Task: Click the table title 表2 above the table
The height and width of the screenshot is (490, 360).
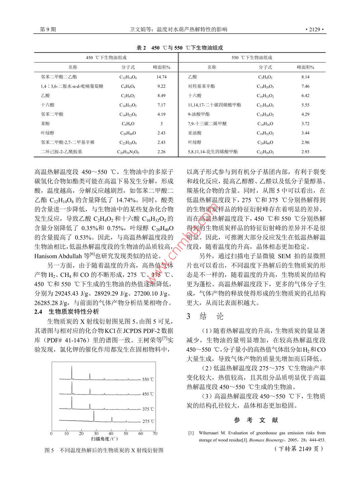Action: tap(141, 48)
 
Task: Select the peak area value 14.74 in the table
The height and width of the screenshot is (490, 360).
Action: tap(162, 77)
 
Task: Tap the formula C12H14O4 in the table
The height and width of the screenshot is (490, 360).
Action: tap(128, 77)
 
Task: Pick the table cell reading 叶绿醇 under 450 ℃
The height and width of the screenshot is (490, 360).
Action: tap(47, 133)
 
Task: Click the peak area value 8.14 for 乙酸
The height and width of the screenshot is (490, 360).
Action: tap(305, 77)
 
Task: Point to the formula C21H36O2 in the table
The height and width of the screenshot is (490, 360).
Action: tap(265, 105)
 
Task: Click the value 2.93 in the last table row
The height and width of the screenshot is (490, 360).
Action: tap(305, 152)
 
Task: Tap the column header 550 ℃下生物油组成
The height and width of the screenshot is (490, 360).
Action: tap(252, 58)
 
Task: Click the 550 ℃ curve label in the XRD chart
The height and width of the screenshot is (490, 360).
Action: tap(148, 379)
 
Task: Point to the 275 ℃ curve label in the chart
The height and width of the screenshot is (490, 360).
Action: tap(148, 421)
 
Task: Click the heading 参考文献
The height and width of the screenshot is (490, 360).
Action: tap(256, 420)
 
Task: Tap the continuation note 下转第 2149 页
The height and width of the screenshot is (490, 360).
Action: tap(299, 449)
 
